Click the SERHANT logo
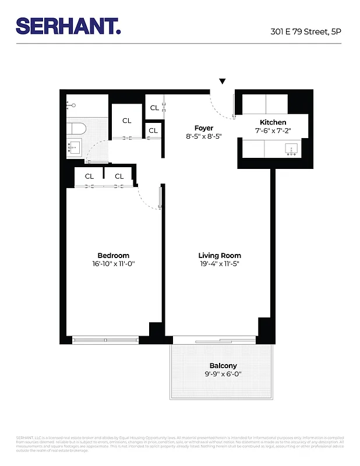coord(68,26)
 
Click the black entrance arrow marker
coord(222,82)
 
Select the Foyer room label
coord(203,128)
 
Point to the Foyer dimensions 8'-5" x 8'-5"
coord(203,137)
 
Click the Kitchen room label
coord(273,122)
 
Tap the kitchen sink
coord(291,150)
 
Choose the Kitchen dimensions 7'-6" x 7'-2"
coord(273,131)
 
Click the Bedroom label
coord(113,256)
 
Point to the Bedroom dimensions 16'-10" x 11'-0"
coord(113,264)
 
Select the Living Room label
coord(219,256)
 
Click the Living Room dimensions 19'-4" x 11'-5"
coord(219,264)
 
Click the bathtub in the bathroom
coord(76,128)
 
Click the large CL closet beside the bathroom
coord(126,121)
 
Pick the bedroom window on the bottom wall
coord(105,339)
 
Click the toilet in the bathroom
coord(72,105)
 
